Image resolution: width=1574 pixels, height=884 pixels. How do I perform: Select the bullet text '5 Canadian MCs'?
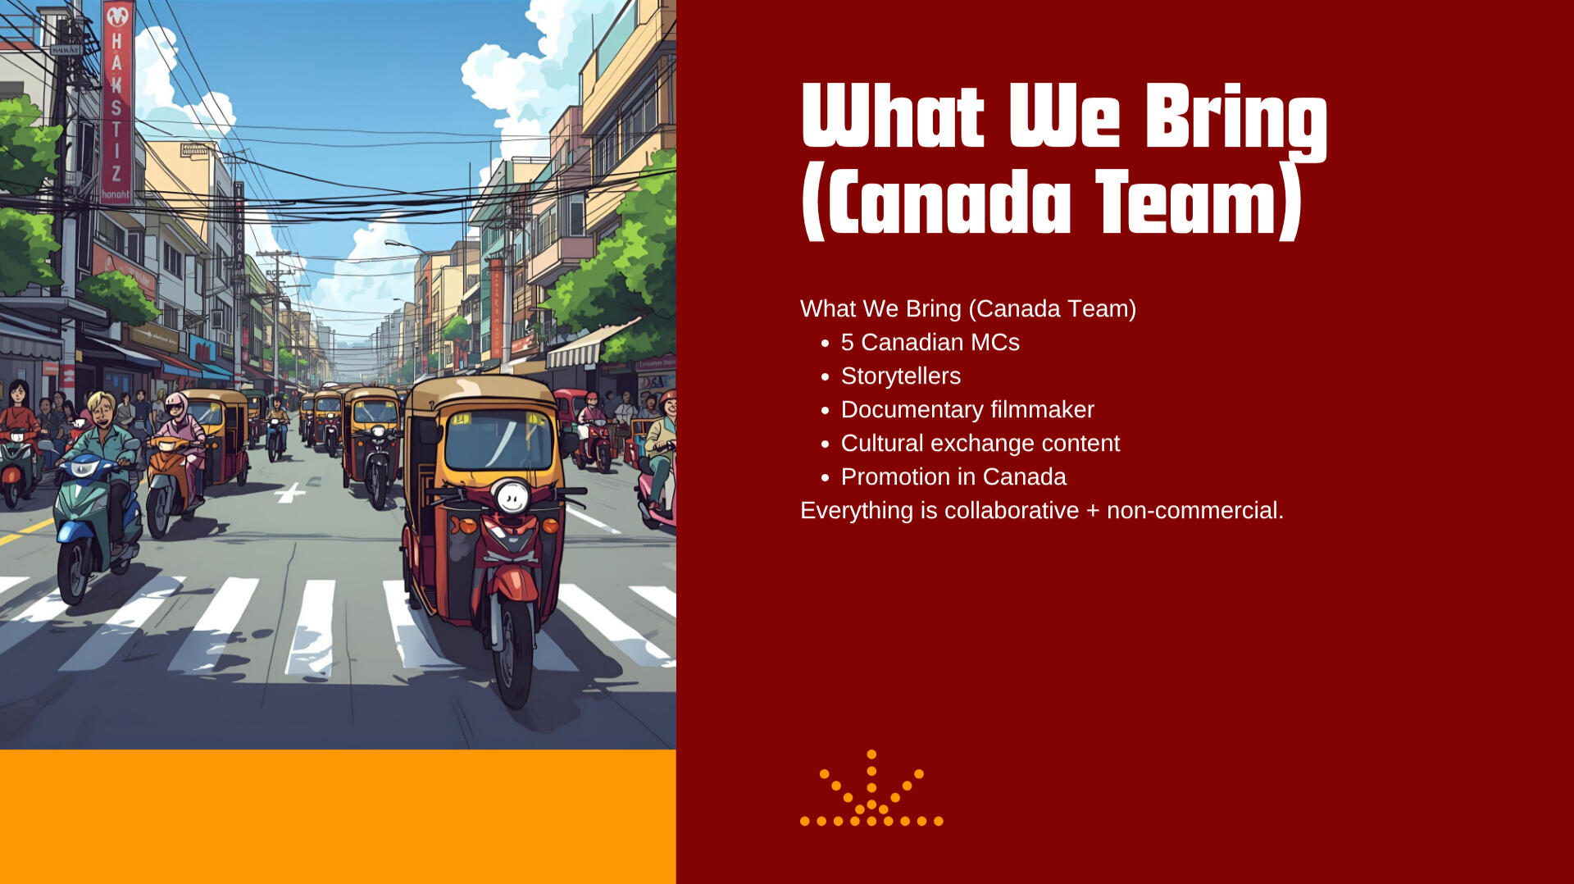[930, 342]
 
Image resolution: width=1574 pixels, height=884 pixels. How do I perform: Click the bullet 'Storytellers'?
[901, 376]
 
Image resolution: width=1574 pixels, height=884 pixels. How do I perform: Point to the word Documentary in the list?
[912, 409]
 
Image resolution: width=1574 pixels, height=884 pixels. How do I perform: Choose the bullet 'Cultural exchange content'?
[980, 443]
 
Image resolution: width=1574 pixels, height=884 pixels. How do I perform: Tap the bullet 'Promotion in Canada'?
[953, 476]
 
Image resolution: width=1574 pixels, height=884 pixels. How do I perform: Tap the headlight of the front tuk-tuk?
[513, 496]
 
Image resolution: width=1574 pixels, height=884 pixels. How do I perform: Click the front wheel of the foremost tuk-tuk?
[515, 651]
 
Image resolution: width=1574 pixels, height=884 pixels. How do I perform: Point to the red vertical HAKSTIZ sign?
[116, 102]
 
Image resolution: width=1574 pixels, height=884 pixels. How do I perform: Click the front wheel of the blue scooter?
[75, 570]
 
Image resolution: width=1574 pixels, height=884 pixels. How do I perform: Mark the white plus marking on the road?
[290, 493]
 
